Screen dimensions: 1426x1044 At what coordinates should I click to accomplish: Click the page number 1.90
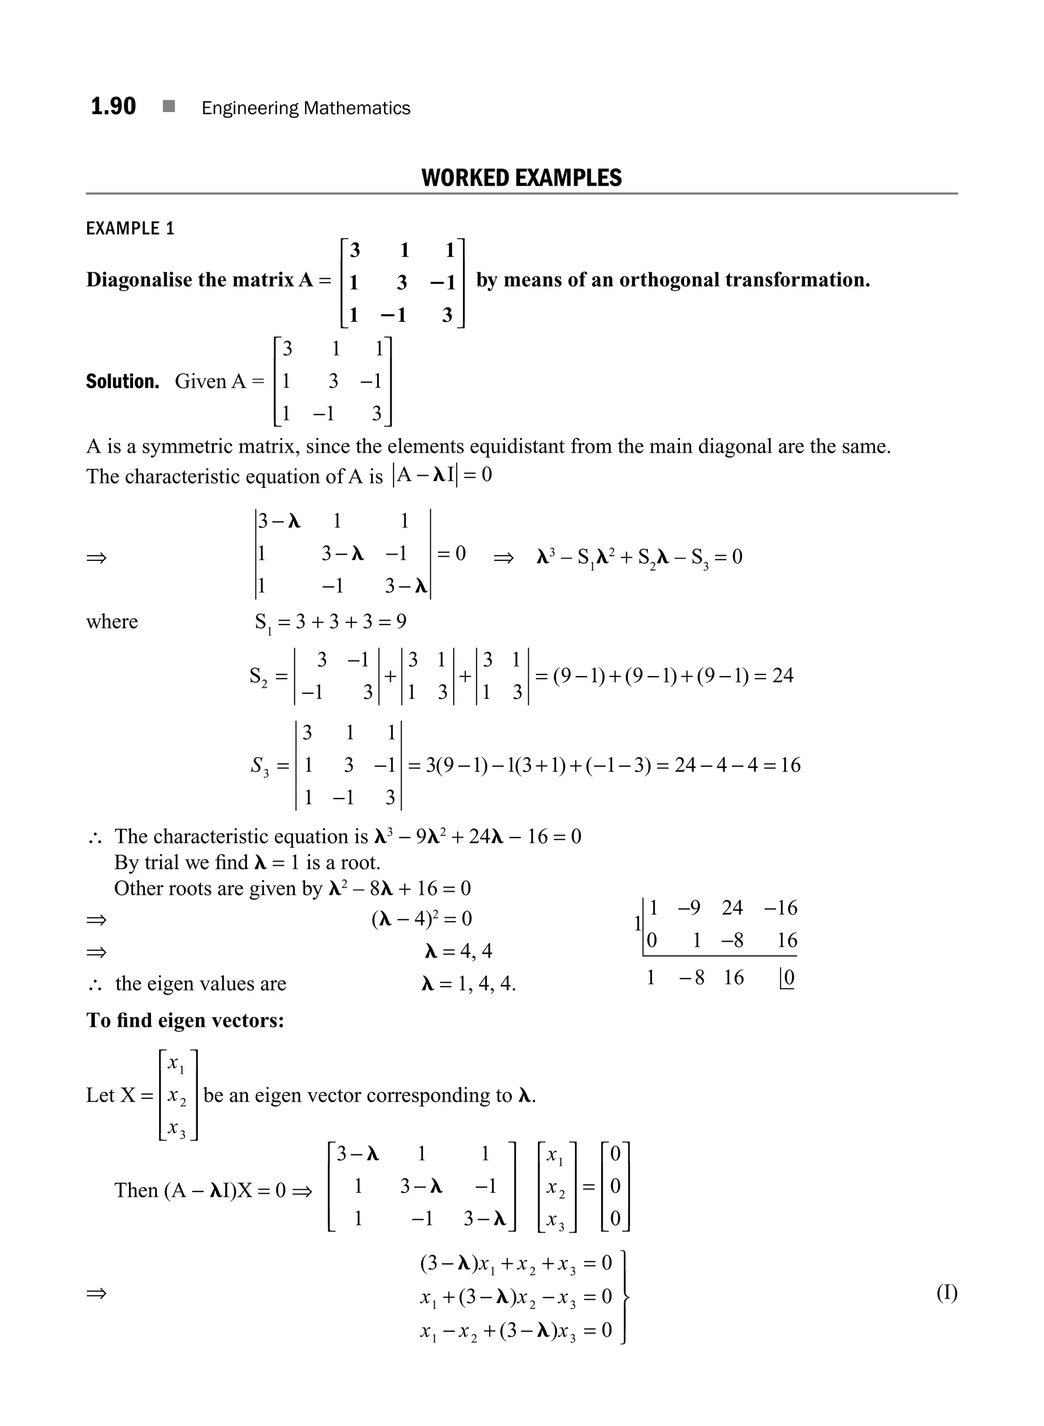tap(113, 106)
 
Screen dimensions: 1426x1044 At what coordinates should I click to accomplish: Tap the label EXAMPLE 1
tap(129, 228)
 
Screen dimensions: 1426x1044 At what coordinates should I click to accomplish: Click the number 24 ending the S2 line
tap(782, 676)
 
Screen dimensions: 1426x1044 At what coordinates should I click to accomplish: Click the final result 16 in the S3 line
tap(790, 765)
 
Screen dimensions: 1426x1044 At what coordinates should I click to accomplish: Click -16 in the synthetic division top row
tap(780, 908)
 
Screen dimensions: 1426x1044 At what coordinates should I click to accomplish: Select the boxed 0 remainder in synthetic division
tap(788, 978)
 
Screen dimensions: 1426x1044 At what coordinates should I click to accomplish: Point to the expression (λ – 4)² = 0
tap(422, 918)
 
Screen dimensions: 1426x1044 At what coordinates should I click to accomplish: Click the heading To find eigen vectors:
tap(185, 1020)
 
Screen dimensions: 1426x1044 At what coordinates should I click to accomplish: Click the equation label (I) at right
tap(947, 1293)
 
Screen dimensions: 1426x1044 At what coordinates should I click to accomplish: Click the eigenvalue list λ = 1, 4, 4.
tap(468, 983)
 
